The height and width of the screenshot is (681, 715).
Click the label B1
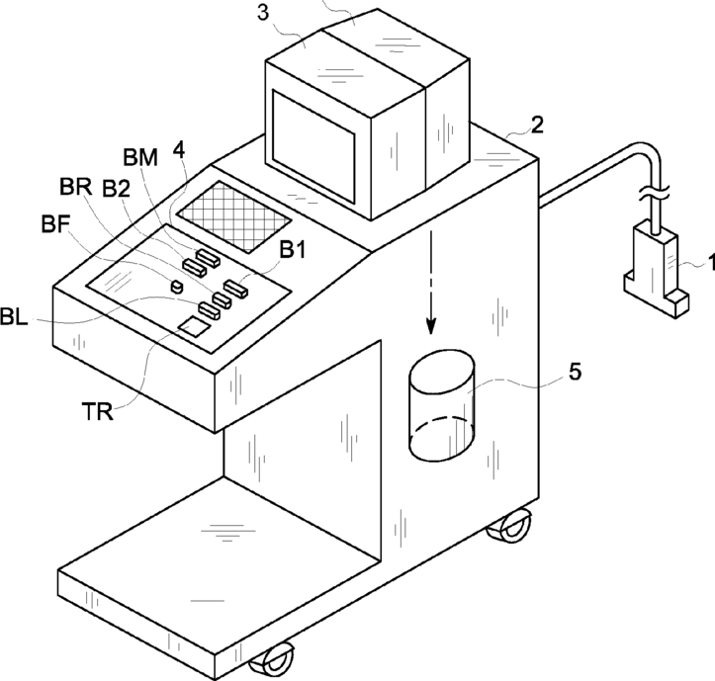[292, 251]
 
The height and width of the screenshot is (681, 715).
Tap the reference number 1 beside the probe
[703, 264]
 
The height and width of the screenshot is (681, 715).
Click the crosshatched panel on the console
[234, 213]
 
